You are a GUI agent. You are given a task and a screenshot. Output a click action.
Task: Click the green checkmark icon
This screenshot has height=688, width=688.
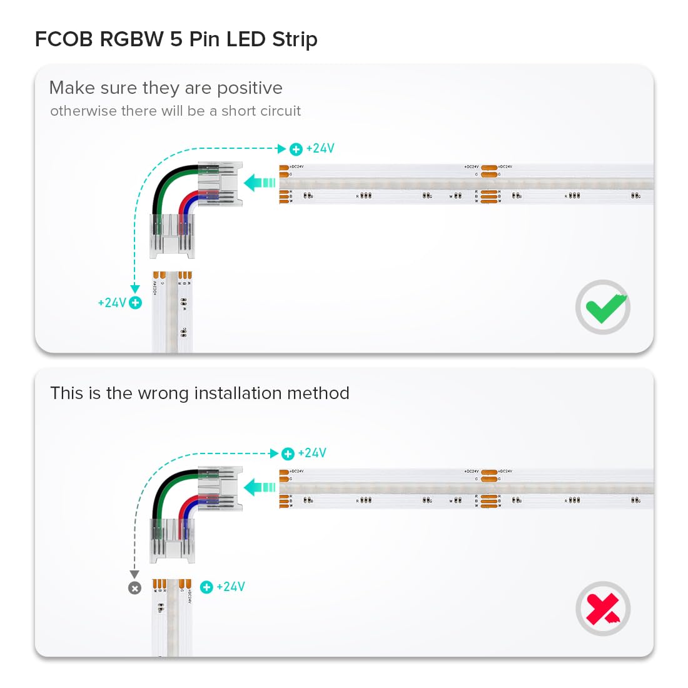(x=604, y=307)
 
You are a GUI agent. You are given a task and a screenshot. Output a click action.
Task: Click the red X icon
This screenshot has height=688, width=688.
(x=603, y=609)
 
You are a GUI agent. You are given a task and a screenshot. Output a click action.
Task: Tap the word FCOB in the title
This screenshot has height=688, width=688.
(x=64, y=39)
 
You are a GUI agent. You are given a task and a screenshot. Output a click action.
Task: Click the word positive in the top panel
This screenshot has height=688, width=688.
(x=250, y=88)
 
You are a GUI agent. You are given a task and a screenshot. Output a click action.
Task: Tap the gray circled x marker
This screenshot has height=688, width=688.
(x=134, y=588)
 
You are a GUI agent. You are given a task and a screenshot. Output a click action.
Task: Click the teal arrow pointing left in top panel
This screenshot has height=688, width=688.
(x=259, y=183)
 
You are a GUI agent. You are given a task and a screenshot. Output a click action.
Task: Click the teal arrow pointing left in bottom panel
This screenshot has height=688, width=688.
(x=259, y=487)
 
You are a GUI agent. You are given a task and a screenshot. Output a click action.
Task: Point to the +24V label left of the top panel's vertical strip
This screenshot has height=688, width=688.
(x=113, y=303)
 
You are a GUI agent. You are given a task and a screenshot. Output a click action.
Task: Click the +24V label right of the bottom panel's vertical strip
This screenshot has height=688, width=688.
(x=231, y=587)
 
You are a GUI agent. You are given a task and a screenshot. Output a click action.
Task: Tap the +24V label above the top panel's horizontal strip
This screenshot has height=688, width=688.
(x=320, y=148)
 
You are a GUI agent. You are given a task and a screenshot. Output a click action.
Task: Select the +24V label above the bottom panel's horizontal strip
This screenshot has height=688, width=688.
(x=312, y=453)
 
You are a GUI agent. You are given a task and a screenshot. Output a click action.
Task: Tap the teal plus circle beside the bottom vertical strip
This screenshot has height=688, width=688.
(x=206, y=587)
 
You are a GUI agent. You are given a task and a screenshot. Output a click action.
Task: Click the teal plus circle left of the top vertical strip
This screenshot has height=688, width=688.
(x=135, y=303)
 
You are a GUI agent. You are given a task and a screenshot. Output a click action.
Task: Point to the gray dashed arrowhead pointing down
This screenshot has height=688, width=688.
(x=134, y=574)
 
